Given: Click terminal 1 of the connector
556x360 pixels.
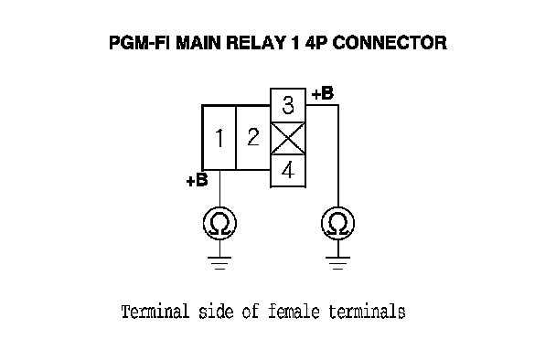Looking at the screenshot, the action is (x=219, y=137).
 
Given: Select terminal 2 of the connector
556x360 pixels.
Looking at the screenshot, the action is (x=253, y=137).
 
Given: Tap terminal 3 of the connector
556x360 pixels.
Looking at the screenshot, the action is (x=288, y=105).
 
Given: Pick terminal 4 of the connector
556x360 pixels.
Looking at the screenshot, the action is (x=288, y=171).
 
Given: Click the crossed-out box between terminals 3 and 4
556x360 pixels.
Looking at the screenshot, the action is (x=288, y=138).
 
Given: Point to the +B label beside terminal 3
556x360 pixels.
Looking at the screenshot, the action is (x=323, y=93).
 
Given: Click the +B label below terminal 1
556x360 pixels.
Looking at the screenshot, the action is (x=197, y=180).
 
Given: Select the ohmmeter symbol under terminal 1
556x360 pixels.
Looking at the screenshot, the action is (x=219, y=224).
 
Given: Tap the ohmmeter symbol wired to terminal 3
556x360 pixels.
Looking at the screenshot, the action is (x=338, y=224).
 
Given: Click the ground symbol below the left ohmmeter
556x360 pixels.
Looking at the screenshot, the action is (x=219, y=263).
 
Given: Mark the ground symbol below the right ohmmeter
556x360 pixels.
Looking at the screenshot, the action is (x=338, y=263).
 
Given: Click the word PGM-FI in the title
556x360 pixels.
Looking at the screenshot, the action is (x=140, y=43).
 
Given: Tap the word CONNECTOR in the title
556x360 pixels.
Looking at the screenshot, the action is (x=390, y=43).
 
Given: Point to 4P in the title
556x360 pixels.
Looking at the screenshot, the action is (x=316, y=43).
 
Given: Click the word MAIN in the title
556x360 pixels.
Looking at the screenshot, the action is (x=198, y=43).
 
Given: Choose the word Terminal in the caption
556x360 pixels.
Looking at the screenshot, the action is (x=155, y=312).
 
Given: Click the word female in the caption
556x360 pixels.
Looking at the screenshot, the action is (x=294, y=312).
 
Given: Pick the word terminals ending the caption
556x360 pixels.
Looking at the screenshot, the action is (x=367, y=312).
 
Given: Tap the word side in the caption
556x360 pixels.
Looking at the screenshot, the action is (x=216, y=312).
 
